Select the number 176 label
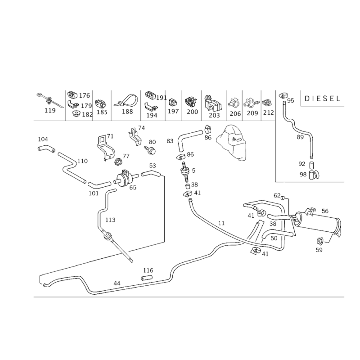85,95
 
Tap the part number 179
85,106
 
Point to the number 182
86,115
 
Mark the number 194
153,115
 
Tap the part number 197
172,111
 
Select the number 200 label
192,111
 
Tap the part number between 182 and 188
103,112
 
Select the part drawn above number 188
127,100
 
